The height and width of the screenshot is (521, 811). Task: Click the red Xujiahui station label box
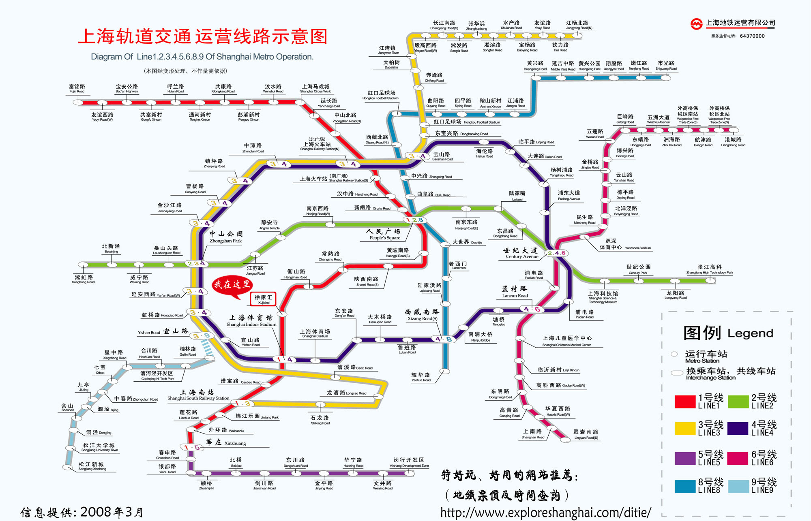pyautogui.click(x=264, y=299)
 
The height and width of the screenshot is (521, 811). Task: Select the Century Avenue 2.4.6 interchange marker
pyautogui.click(x=556, y=253)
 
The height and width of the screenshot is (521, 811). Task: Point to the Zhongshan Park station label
pyautogui.click(x=225, y=237)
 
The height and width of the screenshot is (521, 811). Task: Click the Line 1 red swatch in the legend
pyautogui.click(x=685, y=401)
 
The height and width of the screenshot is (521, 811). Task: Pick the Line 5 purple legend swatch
pyautogui.click(x=685, y=458)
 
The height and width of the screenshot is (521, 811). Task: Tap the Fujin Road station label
pyautogui.click(x=77, y=89)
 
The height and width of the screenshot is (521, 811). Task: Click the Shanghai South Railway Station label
pyautogui.click(x=198, y=395)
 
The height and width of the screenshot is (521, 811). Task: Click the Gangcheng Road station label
pyautogui.click(x=733, y=142)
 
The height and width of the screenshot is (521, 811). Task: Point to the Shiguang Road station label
pyautogui.click(x=666, y=66)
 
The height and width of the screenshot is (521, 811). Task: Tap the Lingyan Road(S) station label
pyautogui.click(x=586, y=434)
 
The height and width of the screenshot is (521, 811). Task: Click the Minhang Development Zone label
pyautogui.click(x=409, y=462)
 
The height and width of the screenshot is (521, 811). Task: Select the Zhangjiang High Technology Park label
pyautogui.click(x=710, y=269)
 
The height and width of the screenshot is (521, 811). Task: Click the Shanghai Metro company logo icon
pyautogui.click(x=697, y=24)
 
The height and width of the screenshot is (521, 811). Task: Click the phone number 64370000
pyautogui.click(x=752, y=36)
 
